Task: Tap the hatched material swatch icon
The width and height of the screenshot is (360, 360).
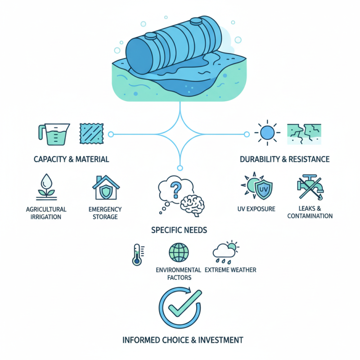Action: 90,134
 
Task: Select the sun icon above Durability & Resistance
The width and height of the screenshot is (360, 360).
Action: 267,133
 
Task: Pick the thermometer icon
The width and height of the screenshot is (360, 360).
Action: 136,254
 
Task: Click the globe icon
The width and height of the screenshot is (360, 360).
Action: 178,253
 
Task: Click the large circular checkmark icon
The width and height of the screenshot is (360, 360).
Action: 180,308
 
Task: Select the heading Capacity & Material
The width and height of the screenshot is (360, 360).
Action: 71,159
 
